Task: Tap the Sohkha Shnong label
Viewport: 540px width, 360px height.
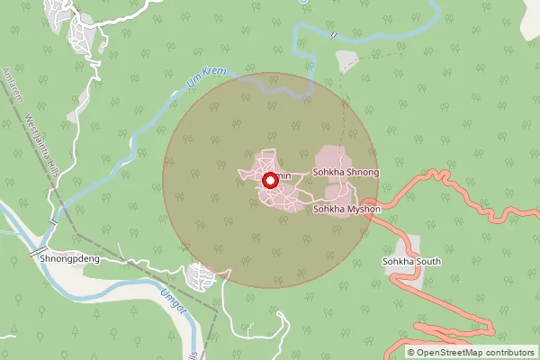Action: (x=346, y=171)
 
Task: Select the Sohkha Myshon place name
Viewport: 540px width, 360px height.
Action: (x=346, y=209)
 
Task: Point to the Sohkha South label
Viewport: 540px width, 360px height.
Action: (x=409, y=262)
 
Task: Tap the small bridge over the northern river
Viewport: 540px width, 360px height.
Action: (x=333, y=34)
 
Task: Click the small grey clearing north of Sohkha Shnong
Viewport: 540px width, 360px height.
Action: (x=346, y=61)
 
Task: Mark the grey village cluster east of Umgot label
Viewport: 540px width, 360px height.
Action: (x=202, y=276)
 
